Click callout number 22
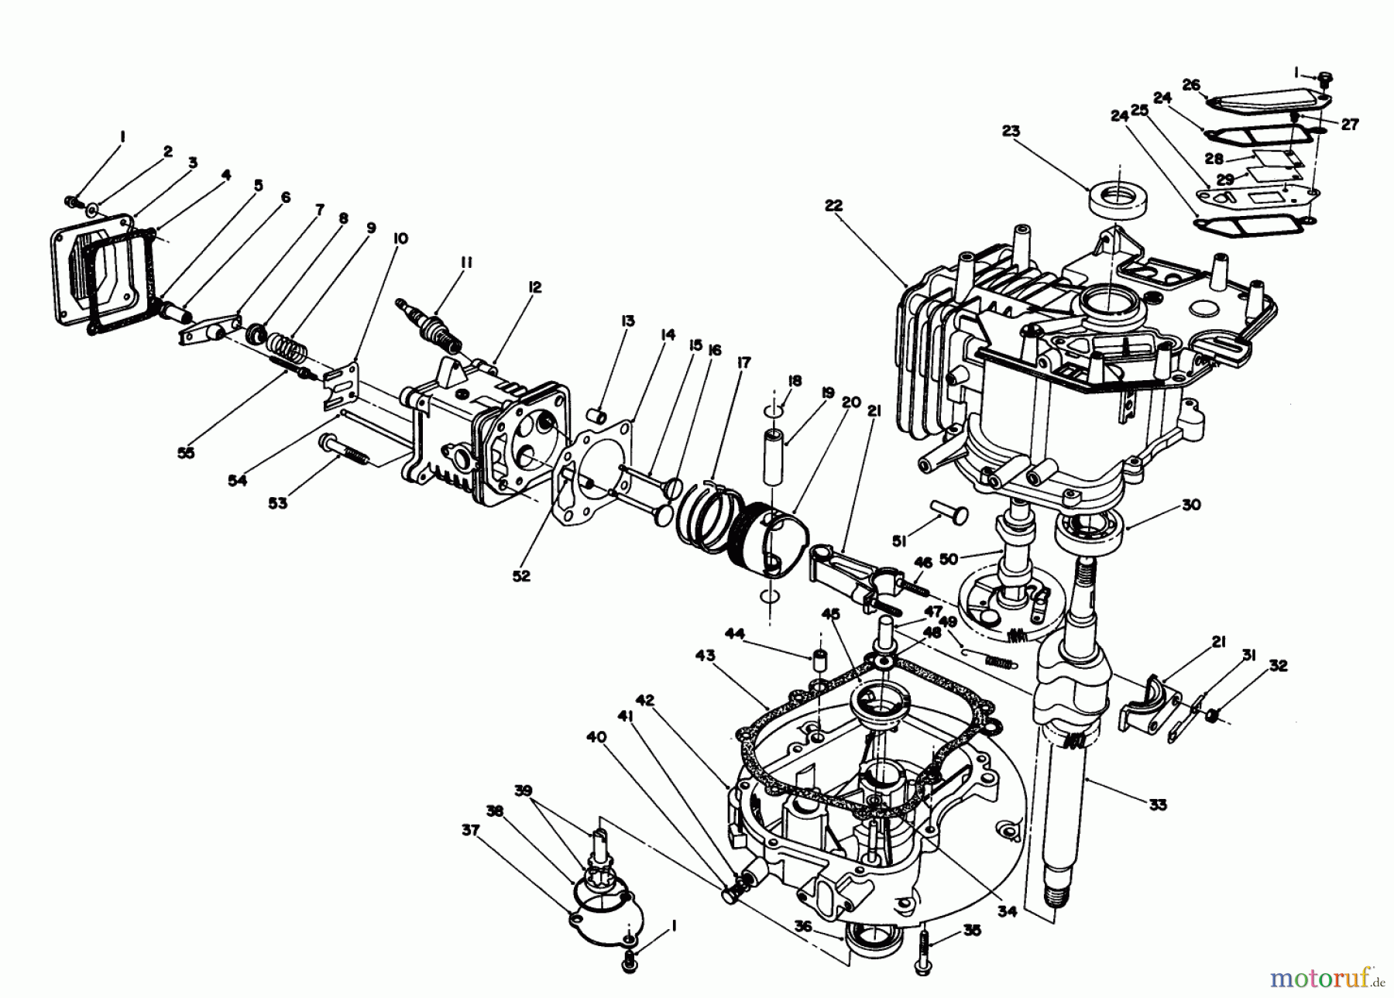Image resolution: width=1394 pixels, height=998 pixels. pos(833,206)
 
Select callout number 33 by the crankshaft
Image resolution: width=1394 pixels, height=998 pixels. pos(1158,805)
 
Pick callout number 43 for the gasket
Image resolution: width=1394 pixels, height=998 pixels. pos(706,657)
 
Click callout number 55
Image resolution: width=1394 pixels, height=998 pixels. pos(186,453)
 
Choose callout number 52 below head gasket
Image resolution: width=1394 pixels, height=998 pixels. pos(521,576)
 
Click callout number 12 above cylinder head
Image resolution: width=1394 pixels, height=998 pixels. pos(536,287)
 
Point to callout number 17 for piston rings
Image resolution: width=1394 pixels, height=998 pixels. pos(745,361)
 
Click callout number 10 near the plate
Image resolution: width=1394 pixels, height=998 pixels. pos(400,238)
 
